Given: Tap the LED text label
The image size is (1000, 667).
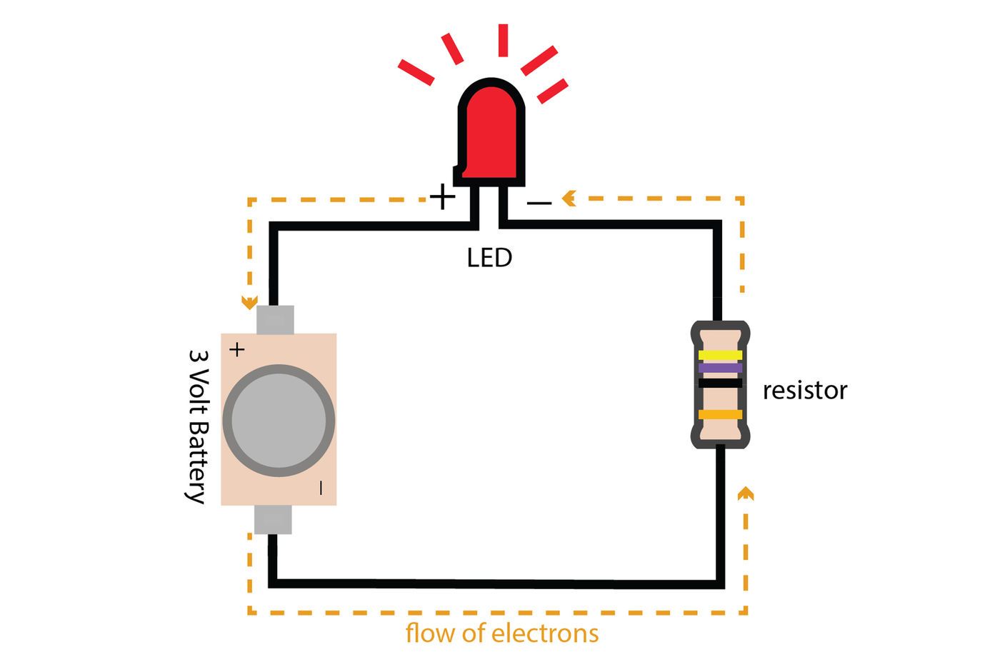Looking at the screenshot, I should pyautogui.click(x=489, y=258).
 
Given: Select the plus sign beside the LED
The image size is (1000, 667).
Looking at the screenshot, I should pyautogui.click(x=442, y=196).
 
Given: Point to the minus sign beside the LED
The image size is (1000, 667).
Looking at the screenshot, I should pyautogui.click(x=539, y=204).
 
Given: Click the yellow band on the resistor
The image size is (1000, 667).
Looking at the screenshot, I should pyautogui.click(x=720, y=355).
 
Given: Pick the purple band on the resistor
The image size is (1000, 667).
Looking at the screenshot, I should pyautogui.click(x=720, y=368).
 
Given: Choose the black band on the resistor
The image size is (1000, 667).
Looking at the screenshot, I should pyautogui.click(x=720, y=383).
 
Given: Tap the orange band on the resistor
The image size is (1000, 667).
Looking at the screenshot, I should pyautogui.click(x=720, y=414).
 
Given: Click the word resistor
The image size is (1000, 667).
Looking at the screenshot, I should pyautogui.click(x=804, y=391).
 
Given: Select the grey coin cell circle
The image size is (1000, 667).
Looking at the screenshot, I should pyautogui.click(x=279, y=420).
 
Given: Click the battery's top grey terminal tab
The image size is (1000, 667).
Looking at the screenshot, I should pyautogui.click(x=275, y=320).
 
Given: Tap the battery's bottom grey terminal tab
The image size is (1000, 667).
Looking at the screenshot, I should pyautogui.click(x=274, y=520).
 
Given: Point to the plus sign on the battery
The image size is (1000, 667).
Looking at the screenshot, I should pyautogui.click(x=236, y=349).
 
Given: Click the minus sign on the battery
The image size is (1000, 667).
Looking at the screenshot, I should pyautogui.click(x=321, y=488).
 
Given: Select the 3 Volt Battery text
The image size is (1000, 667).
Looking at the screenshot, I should pyautogui.click(x=197, y=426).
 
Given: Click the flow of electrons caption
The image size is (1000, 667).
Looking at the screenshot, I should pyautogui.click(x=502, y=633).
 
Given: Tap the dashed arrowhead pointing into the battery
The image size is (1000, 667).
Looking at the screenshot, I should pyautogui.click(x=249, y=303).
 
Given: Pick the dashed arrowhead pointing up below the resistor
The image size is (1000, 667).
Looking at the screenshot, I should pyautogui.click(x=745, y=493).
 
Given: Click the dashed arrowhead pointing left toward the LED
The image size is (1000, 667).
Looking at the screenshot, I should pyautogui.click(x=569, y=198).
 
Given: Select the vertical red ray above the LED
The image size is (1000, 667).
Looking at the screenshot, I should pyautogui.click(x=503, y=40).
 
